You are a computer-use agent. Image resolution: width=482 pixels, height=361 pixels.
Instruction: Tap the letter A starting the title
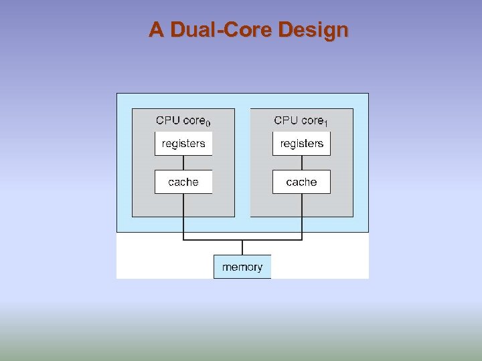(156, 30)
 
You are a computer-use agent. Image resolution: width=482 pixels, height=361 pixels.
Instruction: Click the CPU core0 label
(183, 121)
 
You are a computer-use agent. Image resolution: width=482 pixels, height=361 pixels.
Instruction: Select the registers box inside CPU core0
(183, 144)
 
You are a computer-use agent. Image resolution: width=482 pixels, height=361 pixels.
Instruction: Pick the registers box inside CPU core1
(301, 144)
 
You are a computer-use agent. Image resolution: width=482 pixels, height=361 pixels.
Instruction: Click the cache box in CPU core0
(183, 182)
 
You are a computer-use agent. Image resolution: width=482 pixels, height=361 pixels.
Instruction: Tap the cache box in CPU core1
(301, 182)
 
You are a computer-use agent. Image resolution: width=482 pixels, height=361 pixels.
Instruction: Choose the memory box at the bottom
(242, 267)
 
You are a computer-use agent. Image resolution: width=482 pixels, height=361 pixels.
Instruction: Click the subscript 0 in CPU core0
(208, 123)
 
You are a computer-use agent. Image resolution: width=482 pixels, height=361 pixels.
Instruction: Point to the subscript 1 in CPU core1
(326, 123)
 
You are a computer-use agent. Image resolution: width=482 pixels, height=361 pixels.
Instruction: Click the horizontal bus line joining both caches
(214, 239)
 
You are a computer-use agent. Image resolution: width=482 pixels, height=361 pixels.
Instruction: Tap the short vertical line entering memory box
(242, 247)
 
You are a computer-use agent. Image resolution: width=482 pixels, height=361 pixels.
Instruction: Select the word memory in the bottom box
(242, 267)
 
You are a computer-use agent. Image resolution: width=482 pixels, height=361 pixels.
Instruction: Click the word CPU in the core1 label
(286, 120)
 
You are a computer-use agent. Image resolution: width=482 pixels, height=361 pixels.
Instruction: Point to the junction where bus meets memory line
(242, 239)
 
